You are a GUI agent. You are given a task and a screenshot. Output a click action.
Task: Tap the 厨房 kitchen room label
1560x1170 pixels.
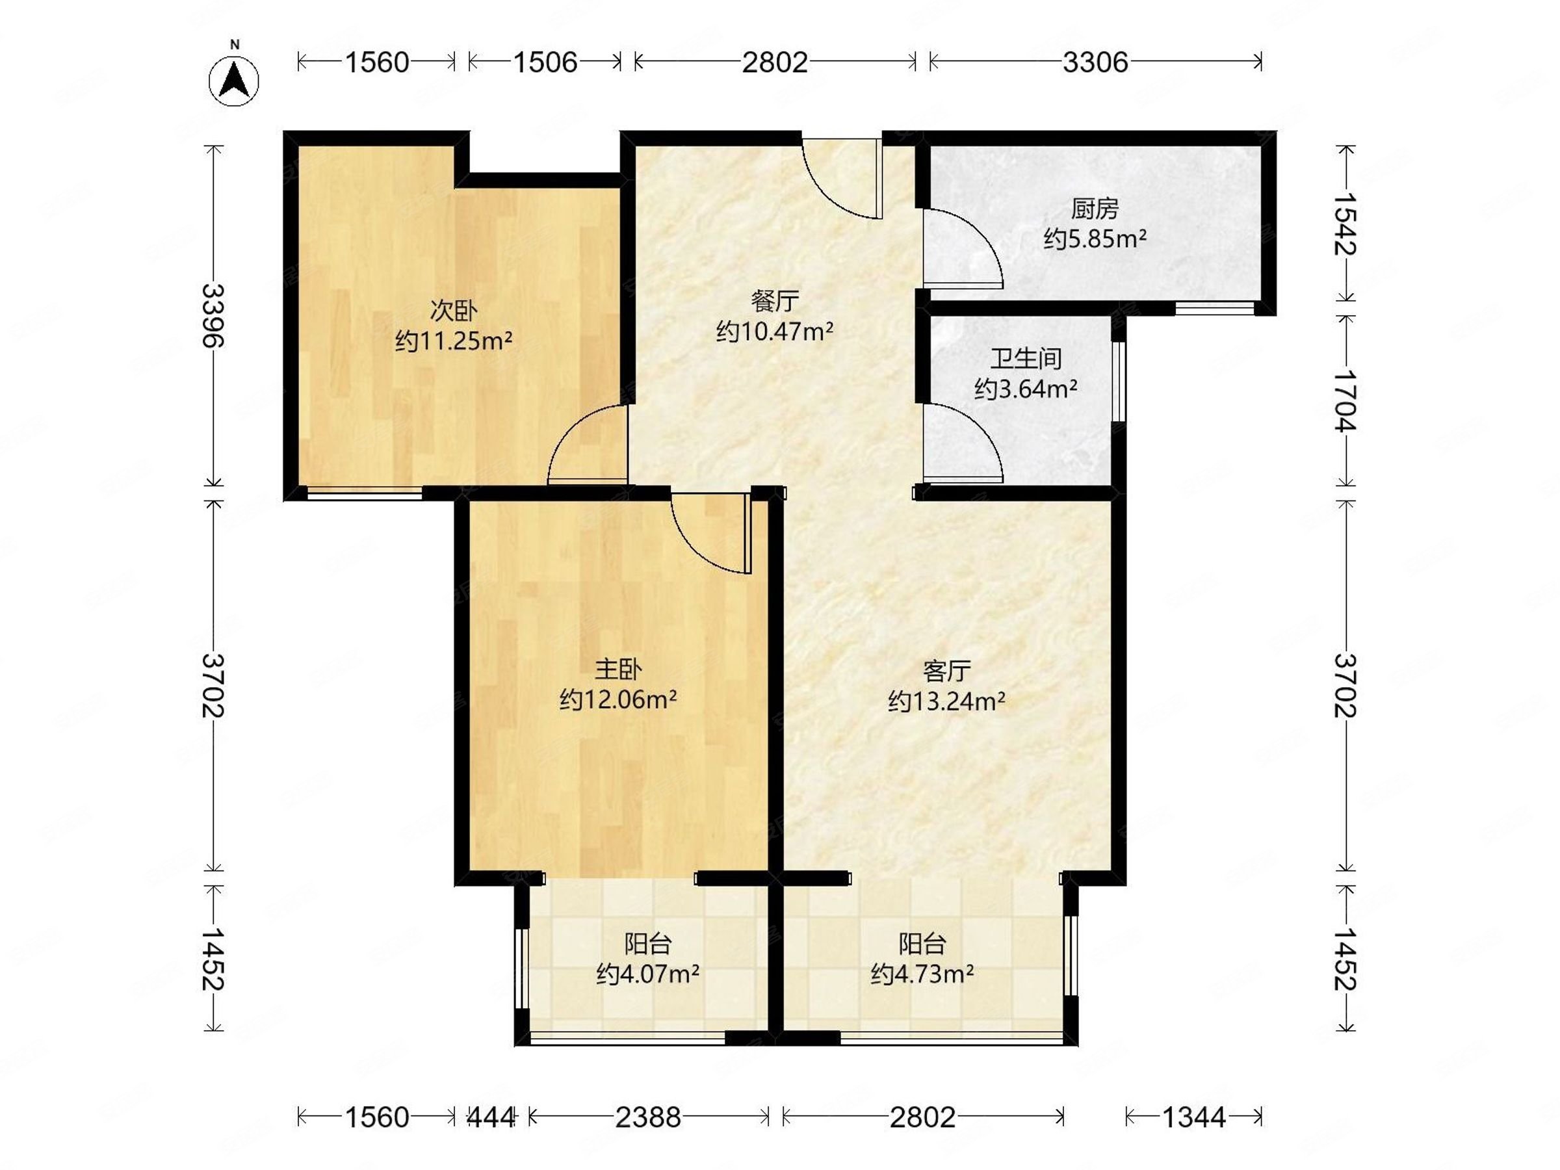pos(1095,209)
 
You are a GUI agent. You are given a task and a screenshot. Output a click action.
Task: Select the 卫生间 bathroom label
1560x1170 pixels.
pos(1026,359)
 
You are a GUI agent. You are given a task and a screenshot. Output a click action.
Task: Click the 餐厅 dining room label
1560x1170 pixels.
pos(774,301)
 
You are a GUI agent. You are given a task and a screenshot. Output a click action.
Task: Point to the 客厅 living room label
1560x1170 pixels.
pos(946,671)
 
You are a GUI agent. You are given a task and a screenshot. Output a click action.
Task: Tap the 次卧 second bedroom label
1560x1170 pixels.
pos(454,310)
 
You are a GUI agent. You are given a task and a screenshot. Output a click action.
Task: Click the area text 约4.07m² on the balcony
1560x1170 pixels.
pos(647,974)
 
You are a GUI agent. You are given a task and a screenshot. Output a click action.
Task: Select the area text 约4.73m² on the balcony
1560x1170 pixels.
pos(922,974)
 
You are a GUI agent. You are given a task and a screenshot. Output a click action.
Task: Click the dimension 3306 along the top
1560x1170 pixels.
pos(1095,63)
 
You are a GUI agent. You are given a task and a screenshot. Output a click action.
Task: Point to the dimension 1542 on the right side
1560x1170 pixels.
pos(1345,224)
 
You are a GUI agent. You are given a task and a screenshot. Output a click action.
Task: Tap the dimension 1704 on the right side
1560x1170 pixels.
pos(1345,400)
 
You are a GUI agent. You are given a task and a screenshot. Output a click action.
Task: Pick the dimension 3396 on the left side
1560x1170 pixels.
pos(213,316)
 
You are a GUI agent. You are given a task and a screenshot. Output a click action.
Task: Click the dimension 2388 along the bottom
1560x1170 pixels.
pos(648,1117)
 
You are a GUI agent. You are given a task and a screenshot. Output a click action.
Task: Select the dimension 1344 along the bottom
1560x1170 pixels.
pos(1193,1117)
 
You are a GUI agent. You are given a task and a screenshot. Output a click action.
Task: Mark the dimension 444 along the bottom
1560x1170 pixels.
pos(491,1117)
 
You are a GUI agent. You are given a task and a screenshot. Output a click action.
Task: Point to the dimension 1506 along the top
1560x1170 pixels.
pos(545,63)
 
